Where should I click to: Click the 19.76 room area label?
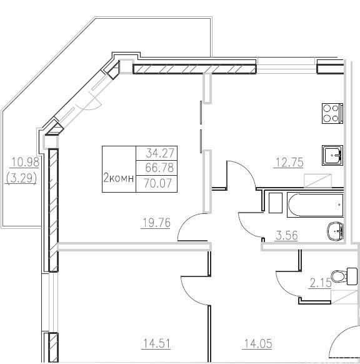156,223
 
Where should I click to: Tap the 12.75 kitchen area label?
289,162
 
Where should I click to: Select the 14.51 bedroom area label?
157,343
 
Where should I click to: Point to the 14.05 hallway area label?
257,343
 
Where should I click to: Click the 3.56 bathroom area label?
287,235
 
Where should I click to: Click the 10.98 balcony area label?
25,162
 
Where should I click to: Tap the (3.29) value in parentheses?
21,179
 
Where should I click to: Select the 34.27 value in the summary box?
160,153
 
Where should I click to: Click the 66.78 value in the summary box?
159,168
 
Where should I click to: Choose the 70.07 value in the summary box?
158,183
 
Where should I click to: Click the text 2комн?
119,178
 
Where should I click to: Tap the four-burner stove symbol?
332,113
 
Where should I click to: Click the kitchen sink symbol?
332,155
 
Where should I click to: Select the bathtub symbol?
315,205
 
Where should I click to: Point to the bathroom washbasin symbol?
335,231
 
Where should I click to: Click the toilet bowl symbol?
344,276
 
